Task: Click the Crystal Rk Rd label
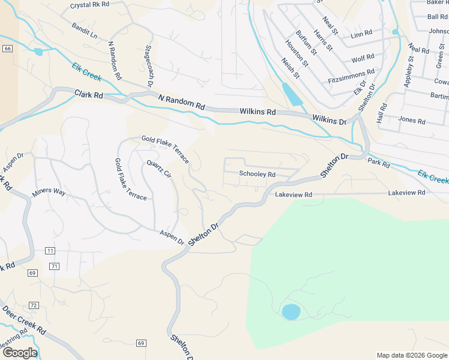tap(90, 4)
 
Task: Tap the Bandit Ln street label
tap(84, 31)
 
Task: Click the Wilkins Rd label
tap(258, 112)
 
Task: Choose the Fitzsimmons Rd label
tap(351, 75)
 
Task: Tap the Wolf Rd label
tap(363, 58)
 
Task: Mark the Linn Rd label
tap(361, 33)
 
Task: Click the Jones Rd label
tap(412, 121)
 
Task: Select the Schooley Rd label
tap(257, 174)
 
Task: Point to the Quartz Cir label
tap(159, 169)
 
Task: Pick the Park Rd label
tap(379, 163)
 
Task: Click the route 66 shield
tap(7, 49)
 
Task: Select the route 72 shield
tap(34, 305)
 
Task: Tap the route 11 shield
tap(49, 250)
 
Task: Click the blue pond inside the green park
tap(291, 312)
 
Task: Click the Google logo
tap(19, 353)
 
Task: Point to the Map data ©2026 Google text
tap(411, 355)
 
